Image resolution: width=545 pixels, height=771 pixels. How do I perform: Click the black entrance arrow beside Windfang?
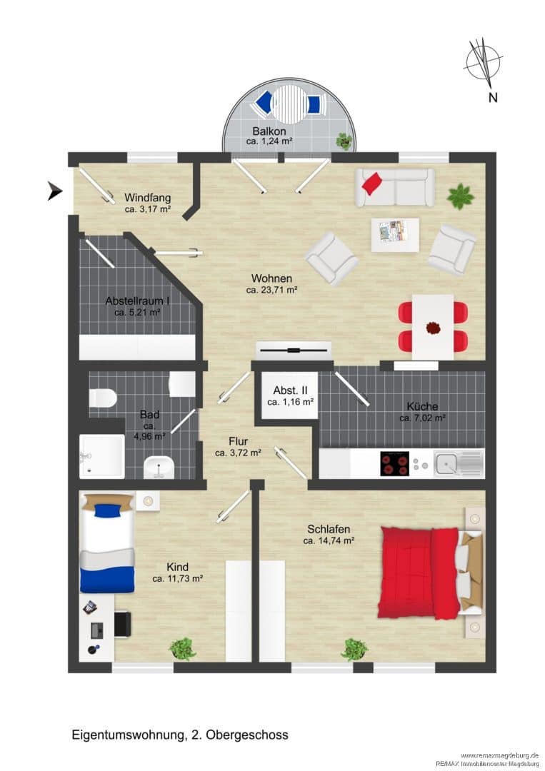click(x=54, y=191)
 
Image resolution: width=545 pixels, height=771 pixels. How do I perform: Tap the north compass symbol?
click(x=483, y=61)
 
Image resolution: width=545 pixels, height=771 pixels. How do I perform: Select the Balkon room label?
click(x=269, y=131)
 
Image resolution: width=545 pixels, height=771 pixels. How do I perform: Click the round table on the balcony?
click(x=289, y=104)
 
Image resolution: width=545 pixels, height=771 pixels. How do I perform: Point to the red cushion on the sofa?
click(x=372, y=183)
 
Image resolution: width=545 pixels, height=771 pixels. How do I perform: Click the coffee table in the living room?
click(x=395, y=235)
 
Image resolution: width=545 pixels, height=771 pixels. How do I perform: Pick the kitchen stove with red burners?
click(x=394, y=463)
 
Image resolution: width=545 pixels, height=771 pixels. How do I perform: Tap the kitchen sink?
click(x=447, y=464)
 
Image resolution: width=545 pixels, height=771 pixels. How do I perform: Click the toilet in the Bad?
click(x=102, y=398)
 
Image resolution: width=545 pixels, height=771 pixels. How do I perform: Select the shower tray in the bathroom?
click(x=102, y=455)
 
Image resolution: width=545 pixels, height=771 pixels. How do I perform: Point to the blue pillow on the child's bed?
click(x=109, y=510)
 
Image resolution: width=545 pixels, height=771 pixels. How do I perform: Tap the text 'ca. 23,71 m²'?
click(x=271, y=290)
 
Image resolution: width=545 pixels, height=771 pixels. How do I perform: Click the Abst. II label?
click(x=290, y=390)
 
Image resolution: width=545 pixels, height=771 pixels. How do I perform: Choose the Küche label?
click(x=422, y=407)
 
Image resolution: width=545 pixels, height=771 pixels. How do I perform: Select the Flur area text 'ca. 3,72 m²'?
click(x=238, y=453)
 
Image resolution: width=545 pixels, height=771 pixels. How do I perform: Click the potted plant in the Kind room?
click(x=182, y=648)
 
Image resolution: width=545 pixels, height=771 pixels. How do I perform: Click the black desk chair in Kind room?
click(x=122, y=623)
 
